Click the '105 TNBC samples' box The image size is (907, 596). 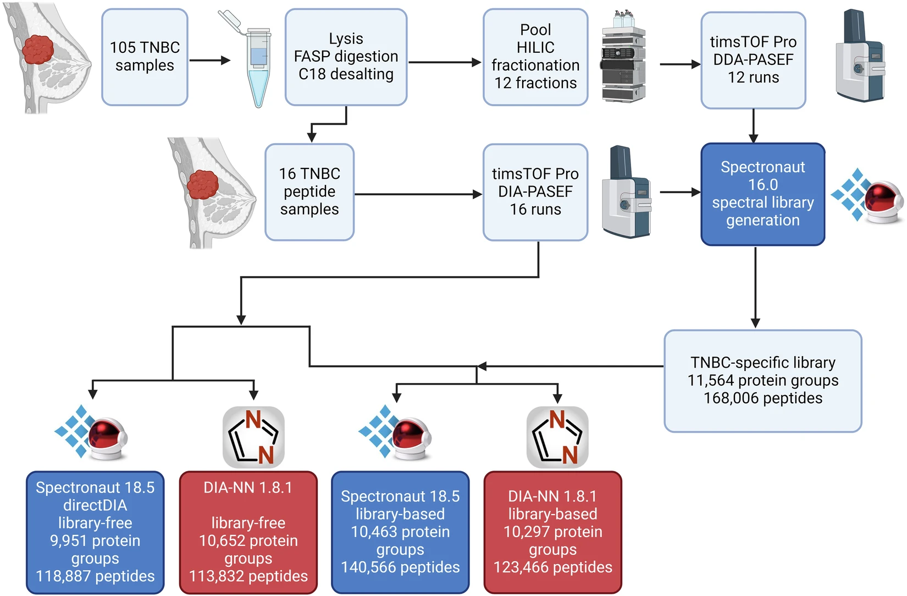[x=145, y=57]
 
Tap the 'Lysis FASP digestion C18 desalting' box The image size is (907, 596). [x=346, y=57]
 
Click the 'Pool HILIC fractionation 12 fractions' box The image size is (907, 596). [x=535, y=57]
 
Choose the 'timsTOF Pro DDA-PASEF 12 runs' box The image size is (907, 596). [x=753, y=60]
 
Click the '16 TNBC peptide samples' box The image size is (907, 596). [x=309, y=192]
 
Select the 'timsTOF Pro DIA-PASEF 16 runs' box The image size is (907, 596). [x=535, y=192]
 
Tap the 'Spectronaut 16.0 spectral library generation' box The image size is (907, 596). [x=762, y=194]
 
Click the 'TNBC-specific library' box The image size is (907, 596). [x=762, y=380]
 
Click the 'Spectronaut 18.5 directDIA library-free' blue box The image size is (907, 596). [x=95, y=532]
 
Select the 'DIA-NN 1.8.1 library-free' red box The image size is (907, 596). [x=248, y=532]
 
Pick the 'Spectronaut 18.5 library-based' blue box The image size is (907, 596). [x=400, y=532]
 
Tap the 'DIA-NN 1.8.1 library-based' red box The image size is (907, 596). [x=552, y=532]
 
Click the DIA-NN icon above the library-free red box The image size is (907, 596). [x=253, y=437]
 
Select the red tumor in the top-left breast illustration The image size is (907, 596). [x=38, y=50]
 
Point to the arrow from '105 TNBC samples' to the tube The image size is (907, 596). [x=209, y=60]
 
